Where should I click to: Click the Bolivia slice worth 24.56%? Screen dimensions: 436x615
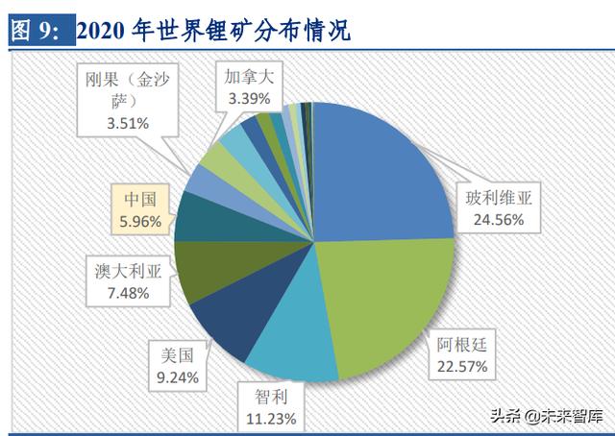(380, 173)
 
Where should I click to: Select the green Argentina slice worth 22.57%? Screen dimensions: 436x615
(384, 298)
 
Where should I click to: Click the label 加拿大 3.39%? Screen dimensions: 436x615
(247, 86)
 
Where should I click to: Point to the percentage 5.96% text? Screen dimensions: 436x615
(138, 222)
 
